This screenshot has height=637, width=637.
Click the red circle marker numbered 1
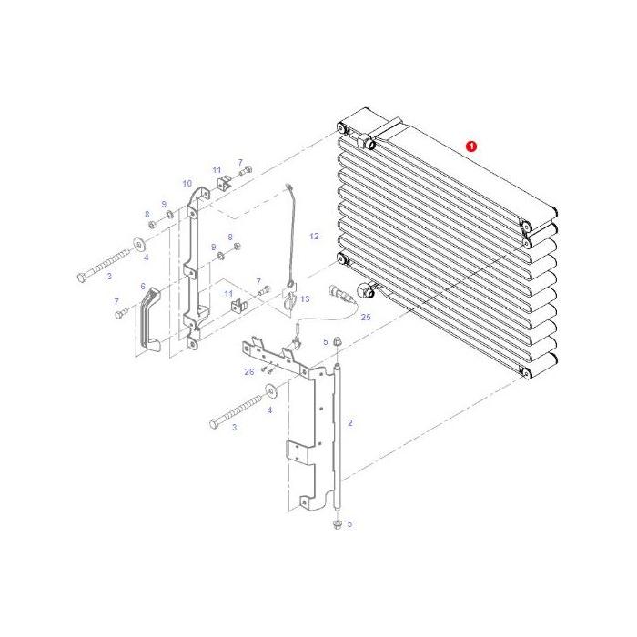click(x=470, y=146)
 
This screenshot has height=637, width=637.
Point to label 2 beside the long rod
click(x=350, y=423)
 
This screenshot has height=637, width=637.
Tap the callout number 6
click(x=143, y=286)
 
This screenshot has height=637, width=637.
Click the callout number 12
click(x=314, y=236)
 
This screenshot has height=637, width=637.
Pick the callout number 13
click(x=306, y=299)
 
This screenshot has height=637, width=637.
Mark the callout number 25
click(x=366, y=318)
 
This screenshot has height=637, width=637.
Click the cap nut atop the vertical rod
click(x=336, y=342)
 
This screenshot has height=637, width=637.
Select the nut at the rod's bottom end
click(x=338, y=523)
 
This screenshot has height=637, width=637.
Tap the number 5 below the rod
click(x=350, y=524)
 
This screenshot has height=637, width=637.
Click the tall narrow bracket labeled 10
click(x=193, y=268)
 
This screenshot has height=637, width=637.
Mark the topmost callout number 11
click(x=217, y=170)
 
